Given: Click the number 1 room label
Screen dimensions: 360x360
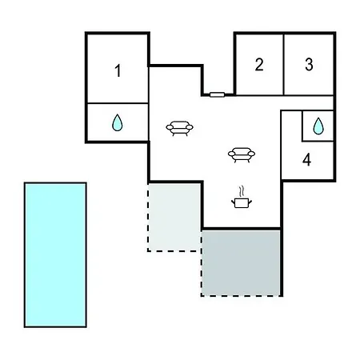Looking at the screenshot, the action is (x=118, y=70).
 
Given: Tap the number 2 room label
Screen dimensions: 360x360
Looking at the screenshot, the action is (x=259, y=65).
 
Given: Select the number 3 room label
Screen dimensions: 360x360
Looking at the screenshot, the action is (x=309, y=65).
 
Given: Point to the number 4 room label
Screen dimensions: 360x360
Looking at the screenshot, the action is (x=307, y=160).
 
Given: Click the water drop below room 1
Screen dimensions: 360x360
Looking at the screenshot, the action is (x=118, y=123).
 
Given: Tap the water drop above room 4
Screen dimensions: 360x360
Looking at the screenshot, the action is (x=318, y=126).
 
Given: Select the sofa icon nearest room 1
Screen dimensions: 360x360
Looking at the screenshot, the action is (x=179, y=129).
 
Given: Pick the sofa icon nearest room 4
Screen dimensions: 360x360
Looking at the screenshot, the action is (x=242, y=155).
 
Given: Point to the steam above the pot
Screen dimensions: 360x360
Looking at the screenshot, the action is (x=242, y=191).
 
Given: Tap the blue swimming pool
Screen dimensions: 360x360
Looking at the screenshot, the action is (x=55, y=254).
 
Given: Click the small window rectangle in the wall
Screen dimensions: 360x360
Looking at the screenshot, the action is (x=217, y=94).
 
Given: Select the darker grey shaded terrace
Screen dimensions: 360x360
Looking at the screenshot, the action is (x=241, y=262).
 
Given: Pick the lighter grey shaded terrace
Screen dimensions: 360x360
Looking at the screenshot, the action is (x=174, y=217).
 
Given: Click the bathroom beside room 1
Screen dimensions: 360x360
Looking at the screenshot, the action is (x=118, y=122).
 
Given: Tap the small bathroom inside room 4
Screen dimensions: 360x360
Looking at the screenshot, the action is (x=318, y=126).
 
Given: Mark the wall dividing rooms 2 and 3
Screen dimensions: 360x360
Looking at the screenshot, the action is (x=283, y=65).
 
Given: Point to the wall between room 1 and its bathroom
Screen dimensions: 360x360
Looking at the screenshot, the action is (x=118, y=103).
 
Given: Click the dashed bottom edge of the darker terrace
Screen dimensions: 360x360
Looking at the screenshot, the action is (x=241, y=295).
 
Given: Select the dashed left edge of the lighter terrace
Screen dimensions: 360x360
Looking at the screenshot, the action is (x=148, y=217).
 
